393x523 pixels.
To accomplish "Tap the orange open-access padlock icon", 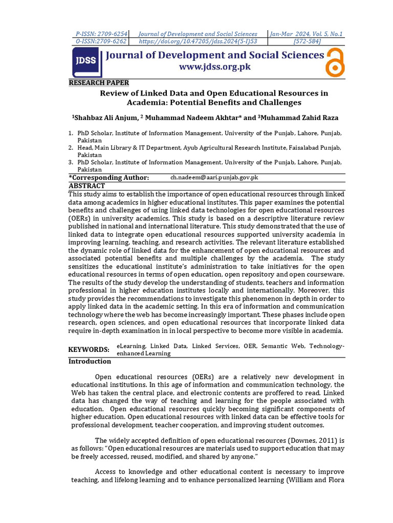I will (x=335, y=62).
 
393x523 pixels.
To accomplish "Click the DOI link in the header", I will (x=198, y=41).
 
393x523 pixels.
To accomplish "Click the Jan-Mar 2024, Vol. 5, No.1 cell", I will (x=307, y=34).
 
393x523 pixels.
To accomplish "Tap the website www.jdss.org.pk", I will (x=214, y=67).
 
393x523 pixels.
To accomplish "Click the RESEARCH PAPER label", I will (x=99, y=83).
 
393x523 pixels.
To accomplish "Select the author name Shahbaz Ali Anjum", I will (x=105, y=117).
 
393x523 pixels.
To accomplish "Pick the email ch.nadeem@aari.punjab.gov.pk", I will (x=214, y=178).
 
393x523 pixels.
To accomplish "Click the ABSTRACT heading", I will (x=86, y=186).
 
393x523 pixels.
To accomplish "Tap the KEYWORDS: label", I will (x=89, y=349).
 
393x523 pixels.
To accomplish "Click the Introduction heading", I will (x=90, y=361).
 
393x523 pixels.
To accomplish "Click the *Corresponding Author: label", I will (x=109, y=177).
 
